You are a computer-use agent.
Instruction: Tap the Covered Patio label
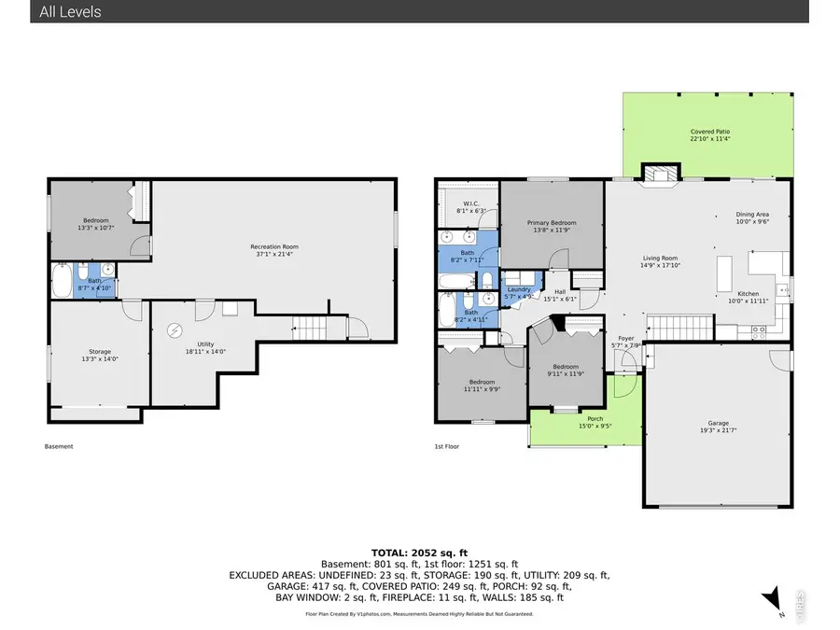(709, 136)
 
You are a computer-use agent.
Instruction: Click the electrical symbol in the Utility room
(175, 330)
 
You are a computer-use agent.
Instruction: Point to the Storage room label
(100, 355)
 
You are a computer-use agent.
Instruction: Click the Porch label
(595, 422)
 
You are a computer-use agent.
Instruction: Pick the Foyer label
(625, 342)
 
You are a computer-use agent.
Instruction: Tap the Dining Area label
(751, 217)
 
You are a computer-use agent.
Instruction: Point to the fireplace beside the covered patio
(659, 173)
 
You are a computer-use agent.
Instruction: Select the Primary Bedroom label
(551, 227)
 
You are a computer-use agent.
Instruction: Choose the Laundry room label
(518, 292)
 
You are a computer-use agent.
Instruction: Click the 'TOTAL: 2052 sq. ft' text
(419, 552)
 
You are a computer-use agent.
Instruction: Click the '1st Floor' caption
(446, 446)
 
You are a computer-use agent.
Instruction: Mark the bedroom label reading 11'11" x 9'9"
(483, 385)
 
